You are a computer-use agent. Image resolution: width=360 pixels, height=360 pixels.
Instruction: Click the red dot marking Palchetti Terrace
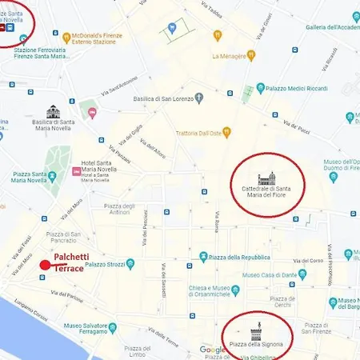pyautogui.click(x=46, y=265)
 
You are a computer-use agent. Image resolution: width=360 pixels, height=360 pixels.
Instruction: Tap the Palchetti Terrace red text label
pyautogui.click(x=80, y=262)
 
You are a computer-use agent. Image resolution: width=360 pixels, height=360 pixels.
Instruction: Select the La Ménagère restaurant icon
pyautogui.click(x=250, y=55)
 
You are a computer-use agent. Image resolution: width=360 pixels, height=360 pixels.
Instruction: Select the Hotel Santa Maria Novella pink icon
pyautogui.click(x=77, y=170)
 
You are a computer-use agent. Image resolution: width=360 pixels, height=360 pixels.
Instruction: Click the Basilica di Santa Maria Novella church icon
pyautogui.click(x=53, y=111)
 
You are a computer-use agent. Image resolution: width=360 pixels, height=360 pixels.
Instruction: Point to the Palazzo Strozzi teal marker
pyautogui.click(x=130, y=264)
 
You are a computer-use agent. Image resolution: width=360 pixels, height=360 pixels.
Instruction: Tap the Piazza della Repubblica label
pyautogui.click(x=240, y=257)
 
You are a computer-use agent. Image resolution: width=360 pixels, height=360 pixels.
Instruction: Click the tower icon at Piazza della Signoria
pyautogui.click(x=256, y=330)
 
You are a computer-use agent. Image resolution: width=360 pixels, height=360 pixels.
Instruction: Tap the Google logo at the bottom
pyautogui.click(x=212, y=350)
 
